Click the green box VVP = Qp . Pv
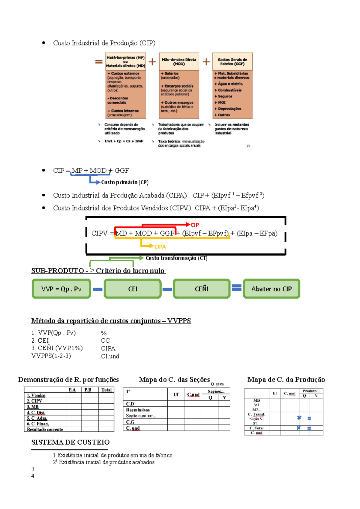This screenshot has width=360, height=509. (61, 289)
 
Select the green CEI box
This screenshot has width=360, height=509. (133, 289)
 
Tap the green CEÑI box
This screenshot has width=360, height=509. (202, 289)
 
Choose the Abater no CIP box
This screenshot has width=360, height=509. (271, 289)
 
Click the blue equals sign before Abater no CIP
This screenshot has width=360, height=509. (237, 288)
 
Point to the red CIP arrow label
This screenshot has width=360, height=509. (195, 225)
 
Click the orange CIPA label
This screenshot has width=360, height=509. (160, 247)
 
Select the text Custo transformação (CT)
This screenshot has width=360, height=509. (176, 258)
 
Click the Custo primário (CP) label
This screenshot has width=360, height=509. (125, 182)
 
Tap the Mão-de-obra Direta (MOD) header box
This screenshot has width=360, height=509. (179, 62)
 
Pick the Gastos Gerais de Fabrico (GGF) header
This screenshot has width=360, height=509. (232, 62)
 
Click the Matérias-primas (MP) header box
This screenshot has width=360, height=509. (126, 62)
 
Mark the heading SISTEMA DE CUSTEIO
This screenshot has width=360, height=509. (70, 442)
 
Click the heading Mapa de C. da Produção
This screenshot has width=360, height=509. (286, 380)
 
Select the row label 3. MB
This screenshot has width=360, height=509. (33, 407)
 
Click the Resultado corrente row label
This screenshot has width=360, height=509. (45, 430)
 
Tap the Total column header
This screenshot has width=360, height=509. (106, 390)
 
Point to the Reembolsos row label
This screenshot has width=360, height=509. (138, 410)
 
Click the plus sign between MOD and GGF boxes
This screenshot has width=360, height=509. (206, 62)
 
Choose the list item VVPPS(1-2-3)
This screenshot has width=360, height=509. (51, 356)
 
